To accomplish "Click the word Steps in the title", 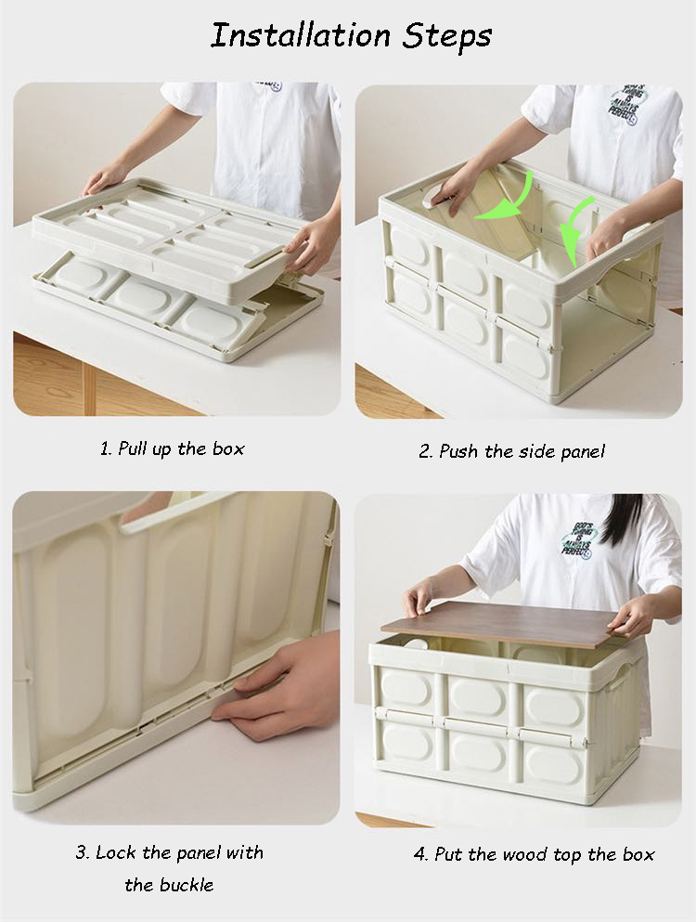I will pyautogui.click(x=446, y=37).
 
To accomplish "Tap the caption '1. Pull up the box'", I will pyautogui.click(x=173, y=448).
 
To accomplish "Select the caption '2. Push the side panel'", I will pyautogui.click(x=511, y=451).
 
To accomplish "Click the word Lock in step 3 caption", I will pyautogui.click(x=115, y=852).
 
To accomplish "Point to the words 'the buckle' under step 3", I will pyautogui.click(x=169, y=885).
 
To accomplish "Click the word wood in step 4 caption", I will pyautogui.click(x=537, y=854).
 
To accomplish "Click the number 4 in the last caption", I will pyautogui.click(x=419, y=854).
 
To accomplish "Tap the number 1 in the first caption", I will pyautogui.click(x=104, y=448).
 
